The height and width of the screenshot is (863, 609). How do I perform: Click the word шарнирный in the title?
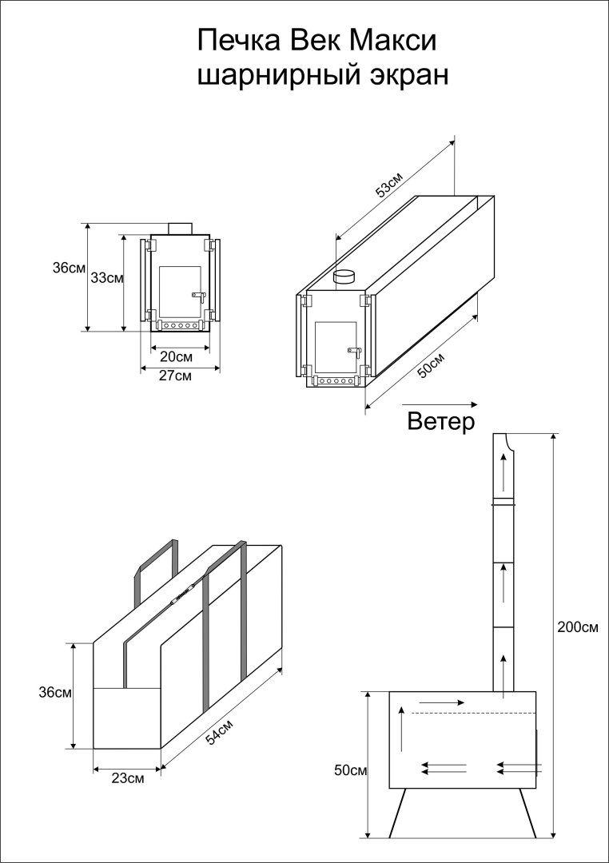[272, 76]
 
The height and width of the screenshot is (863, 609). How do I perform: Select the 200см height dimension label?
[577, 627]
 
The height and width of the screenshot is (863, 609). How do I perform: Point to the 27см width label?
[176, 376]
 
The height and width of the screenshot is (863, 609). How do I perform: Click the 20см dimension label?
[176, 356]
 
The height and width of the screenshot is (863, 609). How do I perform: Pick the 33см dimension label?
[106, 278]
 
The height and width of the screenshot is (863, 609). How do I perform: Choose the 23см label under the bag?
[128, 777]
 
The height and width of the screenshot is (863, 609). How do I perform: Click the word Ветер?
[441, 421]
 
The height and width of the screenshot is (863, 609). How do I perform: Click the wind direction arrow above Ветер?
[440, 404]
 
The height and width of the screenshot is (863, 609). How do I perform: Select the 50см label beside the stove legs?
[349, 771]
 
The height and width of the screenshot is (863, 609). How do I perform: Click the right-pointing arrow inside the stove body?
[440, 702]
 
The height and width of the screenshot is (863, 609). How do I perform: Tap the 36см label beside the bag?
[56, 693]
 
